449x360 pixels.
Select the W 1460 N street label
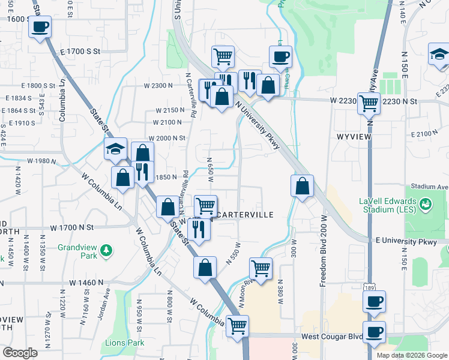pos(87,282)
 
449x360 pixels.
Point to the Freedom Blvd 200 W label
pos(323,251)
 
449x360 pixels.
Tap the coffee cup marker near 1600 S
pos(40,28)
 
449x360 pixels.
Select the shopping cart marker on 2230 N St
pos(368,103)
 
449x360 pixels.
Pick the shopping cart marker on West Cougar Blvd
pos(238,326)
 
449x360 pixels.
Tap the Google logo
pos(20,353)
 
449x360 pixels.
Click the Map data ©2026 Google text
pos(412,355)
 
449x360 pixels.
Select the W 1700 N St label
pos(73,228)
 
